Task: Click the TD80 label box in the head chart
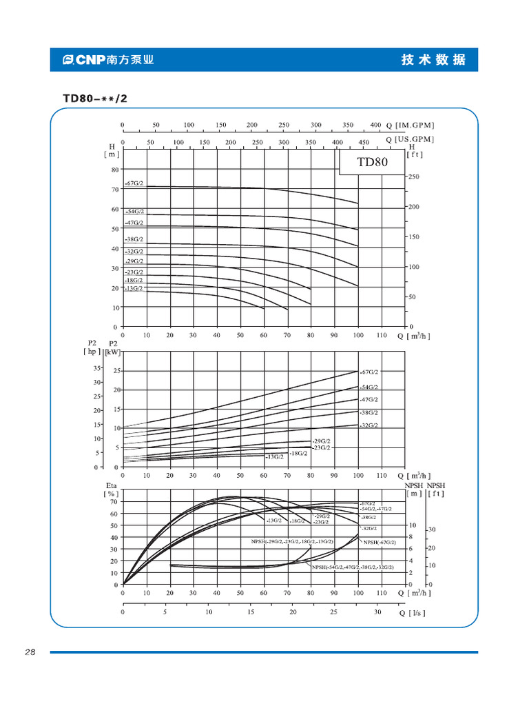(372, 163)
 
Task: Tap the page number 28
(30, 652)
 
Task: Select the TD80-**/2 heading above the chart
(95, 98)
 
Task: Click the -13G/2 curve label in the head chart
(134, 288)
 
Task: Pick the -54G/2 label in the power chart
(369, 387)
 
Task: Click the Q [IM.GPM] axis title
(411, 125)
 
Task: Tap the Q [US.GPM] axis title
(411, 139)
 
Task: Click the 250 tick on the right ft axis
(414, 177)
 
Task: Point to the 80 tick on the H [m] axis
(115, 169)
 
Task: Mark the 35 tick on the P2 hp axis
(97, 368)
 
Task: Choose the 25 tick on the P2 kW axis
(116, 371)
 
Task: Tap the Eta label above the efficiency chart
(111, 485)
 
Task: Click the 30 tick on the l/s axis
(377, 612)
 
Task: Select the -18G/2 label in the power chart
(298, 453)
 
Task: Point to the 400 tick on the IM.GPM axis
(375, 125)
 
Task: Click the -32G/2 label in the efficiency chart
(370, 528)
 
